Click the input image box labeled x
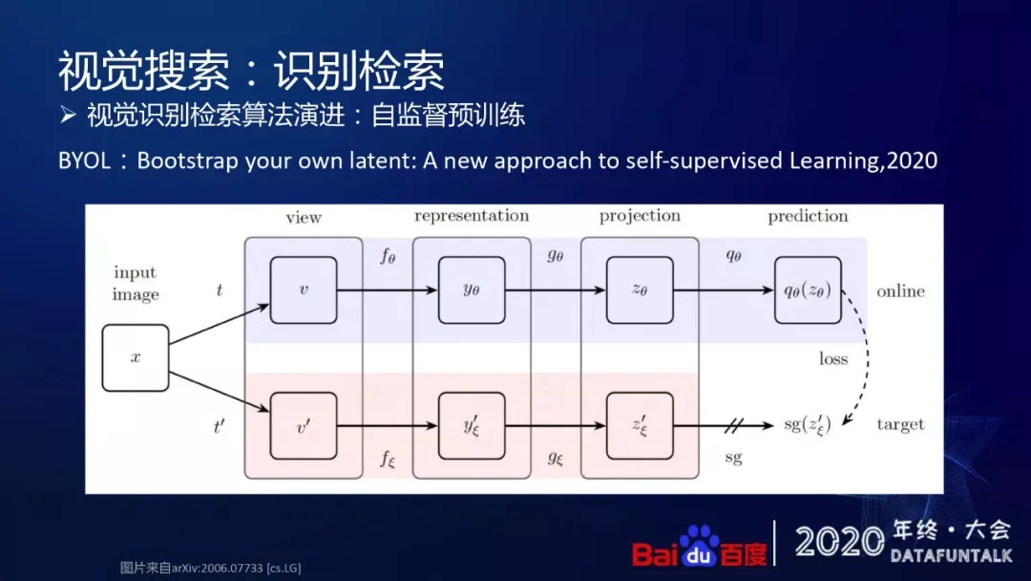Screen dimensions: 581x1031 [x=136, y=357]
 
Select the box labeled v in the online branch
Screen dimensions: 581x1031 [x=304, y=290]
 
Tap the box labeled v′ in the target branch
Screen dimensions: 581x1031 [x=304, y=425]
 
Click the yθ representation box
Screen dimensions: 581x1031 [x=472, y=290]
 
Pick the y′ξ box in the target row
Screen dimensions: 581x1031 [x=472, y=425]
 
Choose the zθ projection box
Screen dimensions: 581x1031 [x=640, y=290]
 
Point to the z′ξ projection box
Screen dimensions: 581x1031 [x=640, y=425]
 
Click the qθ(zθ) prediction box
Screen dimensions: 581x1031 [x=808, y=290]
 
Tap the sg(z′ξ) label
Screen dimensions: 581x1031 [x=808, y=425]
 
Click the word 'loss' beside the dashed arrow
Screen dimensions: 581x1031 [x=832, y=359]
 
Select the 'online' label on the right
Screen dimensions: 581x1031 [x=900, y=290]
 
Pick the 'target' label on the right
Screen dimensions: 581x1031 [x=900, y=424]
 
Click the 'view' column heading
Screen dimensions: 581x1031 [x=304, y=217]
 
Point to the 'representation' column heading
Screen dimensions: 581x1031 [x=472, y=216]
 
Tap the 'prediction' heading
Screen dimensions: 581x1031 [x=808, y=216]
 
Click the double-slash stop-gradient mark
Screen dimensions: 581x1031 [x=736, y=425]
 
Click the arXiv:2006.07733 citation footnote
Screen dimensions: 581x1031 [x=210, y=567]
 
